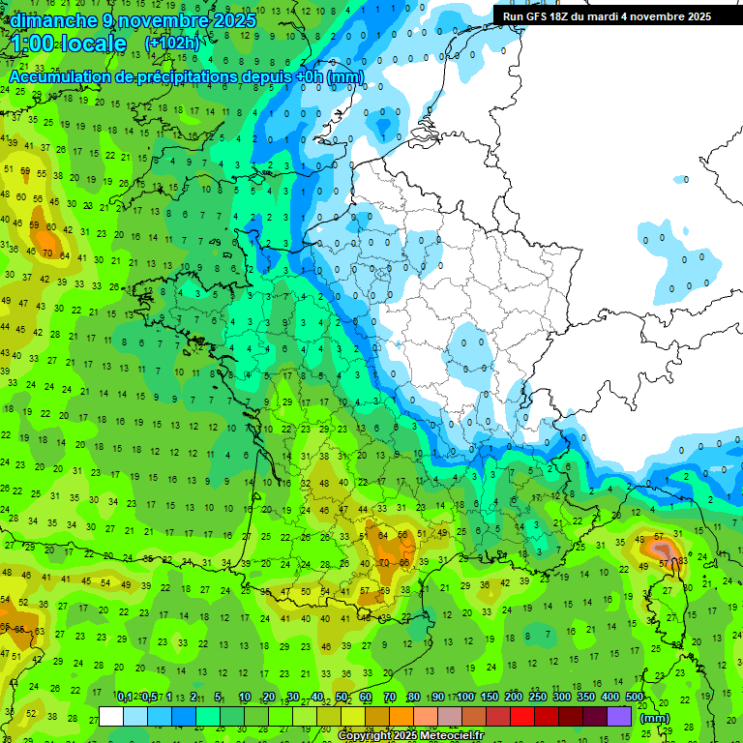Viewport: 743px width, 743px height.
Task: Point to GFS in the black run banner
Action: [x=548, y=16]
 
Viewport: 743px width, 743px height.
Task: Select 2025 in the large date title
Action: [x=231, y=20]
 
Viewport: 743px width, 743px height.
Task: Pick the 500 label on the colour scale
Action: [x=635, y=697]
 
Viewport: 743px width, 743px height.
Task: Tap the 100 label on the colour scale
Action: [x=465, y=697]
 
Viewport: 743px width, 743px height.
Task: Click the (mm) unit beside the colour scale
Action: [x=655, y=718]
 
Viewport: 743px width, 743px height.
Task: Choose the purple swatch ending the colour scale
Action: [x=619, y=716]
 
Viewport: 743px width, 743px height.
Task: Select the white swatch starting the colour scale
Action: [x=111, y=716]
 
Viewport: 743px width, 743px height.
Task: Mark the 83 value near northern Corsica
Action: [x=683, y=560]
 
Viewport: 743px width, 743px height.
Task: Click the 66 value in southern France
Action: [x=404, y=562]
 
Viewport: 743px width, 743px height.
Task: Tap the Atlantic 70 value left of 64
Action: [x=47, y=253]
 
